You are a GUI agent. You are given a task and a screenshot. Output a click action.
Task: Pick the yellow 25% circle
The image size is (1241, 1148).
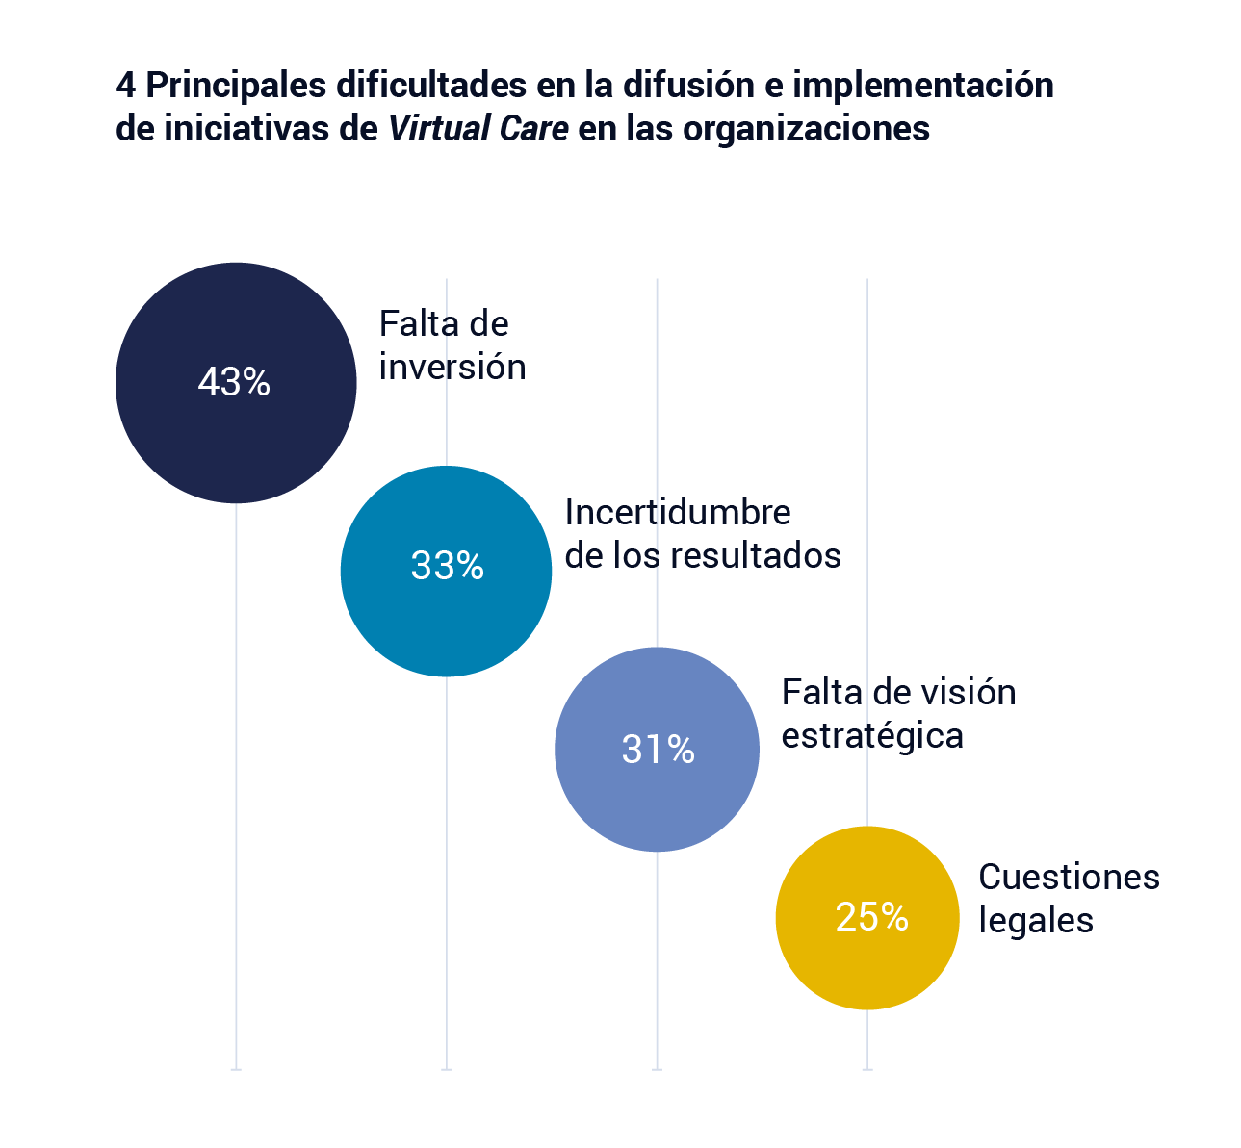tap(867, 962)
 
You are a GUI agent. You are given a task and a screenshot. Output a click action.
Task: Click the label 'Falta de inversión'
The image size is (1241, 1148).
tap(452, 345)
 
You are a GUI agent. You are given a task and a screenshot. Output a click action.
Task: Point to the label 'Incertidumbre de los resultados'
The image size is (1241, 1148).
tap(702, 534)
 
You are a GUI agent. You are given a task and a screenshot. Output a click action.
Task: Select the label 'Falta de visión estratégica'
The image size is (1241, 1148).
tap(897, 714)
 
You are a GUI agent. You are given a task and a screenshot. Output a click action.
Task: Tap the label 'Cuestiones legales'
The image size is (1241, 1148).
tap(1068, 898)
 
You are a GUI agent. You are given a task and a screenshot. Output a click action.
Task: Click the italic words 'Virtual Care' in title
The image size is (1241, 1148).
tap(478, 129)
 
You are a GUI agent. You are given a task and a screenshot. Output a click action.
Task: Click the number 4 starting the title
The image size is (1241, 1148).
tap(125, 86)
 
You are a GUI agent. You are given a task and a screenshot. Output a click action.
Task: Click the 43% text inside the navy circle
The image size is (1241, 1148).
tap(234, 382)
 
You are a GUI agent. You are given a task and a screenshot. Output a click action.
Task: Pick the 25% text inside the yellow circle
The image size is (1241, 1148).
tap(871, 917)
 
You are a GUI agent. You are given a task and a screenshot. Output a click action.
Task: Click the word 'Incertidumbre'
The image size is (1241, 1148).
tap(677, 512)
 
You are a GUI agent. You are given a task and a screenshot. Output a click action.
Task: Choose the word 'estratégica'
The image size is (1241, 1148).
tap(871, 736)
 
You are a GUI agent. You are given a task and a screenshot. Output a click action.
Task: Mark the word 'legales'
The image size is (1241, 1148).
tap(1035, 920)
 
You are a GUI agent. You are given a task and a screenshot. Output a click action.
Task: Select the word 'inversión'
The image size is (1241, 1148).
tap(452, 368)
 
